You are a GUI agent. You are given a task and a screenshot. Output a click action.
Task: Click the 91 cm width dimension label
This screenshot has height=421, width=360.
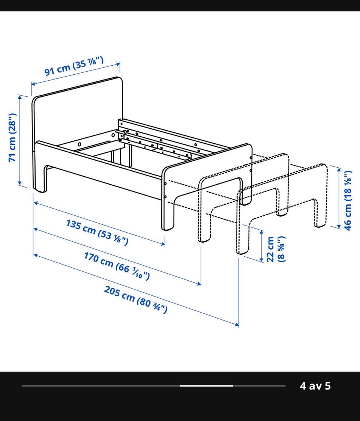(x=74, y=66)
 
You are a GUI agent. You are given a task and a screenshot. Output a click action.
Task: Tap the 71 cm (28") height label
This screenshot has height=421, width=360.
(x=13, y=137)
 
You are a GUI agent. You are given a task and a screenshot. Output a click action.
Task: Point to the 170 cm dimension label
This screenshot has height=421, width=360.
(x=117, y=266)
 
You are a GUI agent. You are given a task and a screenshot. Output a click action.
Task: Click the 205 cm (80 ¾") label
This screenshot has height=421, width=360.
(x=136, y=299)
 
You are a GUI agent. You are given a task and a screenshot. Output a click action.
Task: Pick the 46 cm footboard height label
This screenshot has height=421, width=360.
(x=347, y=200)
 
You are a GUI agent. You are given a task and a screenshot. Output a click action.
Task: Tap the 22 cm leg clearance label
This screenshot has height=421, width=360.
(x=276, y=249)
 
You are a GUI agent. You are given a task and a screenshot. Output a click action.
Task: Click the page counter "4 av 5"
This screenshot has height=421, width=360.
(x=315, y=386)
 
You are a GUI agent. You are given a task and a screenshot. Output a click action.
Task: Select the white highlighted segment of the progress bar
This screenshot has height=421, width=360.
(x=206, y=386)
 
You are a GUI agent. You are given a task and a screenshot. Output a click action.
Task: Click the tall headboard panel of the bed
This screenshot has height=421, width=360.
(x=77, y=113)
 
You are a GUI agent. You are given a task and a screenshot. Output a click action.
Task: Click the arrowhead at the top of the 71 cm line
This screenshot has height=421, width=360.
(x=19, y=97)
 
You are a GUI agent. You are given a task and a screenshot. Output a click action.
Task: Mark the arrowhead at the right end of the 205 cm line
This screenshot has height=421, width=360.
(x=237, y=325)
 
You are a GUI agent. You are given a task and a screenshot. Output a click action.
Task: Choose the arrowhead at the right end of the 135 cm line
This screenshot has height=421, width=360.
(x=163, y=244)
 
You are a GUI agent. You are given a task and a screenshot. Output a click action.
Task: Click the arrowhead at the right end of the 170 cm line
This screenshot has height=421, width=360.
(x=199, y=284)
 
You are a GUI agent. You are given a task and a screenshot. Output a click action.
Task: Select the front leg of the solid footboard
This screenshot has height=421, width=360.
(x=168, y=215)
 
